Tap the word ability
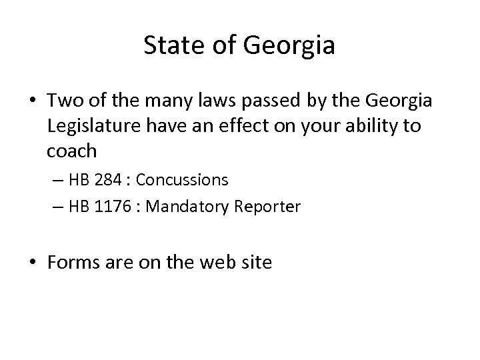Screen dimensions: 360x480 pos(377,127)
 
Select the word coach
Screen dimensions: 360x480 pos(72,150)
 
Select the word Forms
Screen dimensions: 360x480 pos(71,263)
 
